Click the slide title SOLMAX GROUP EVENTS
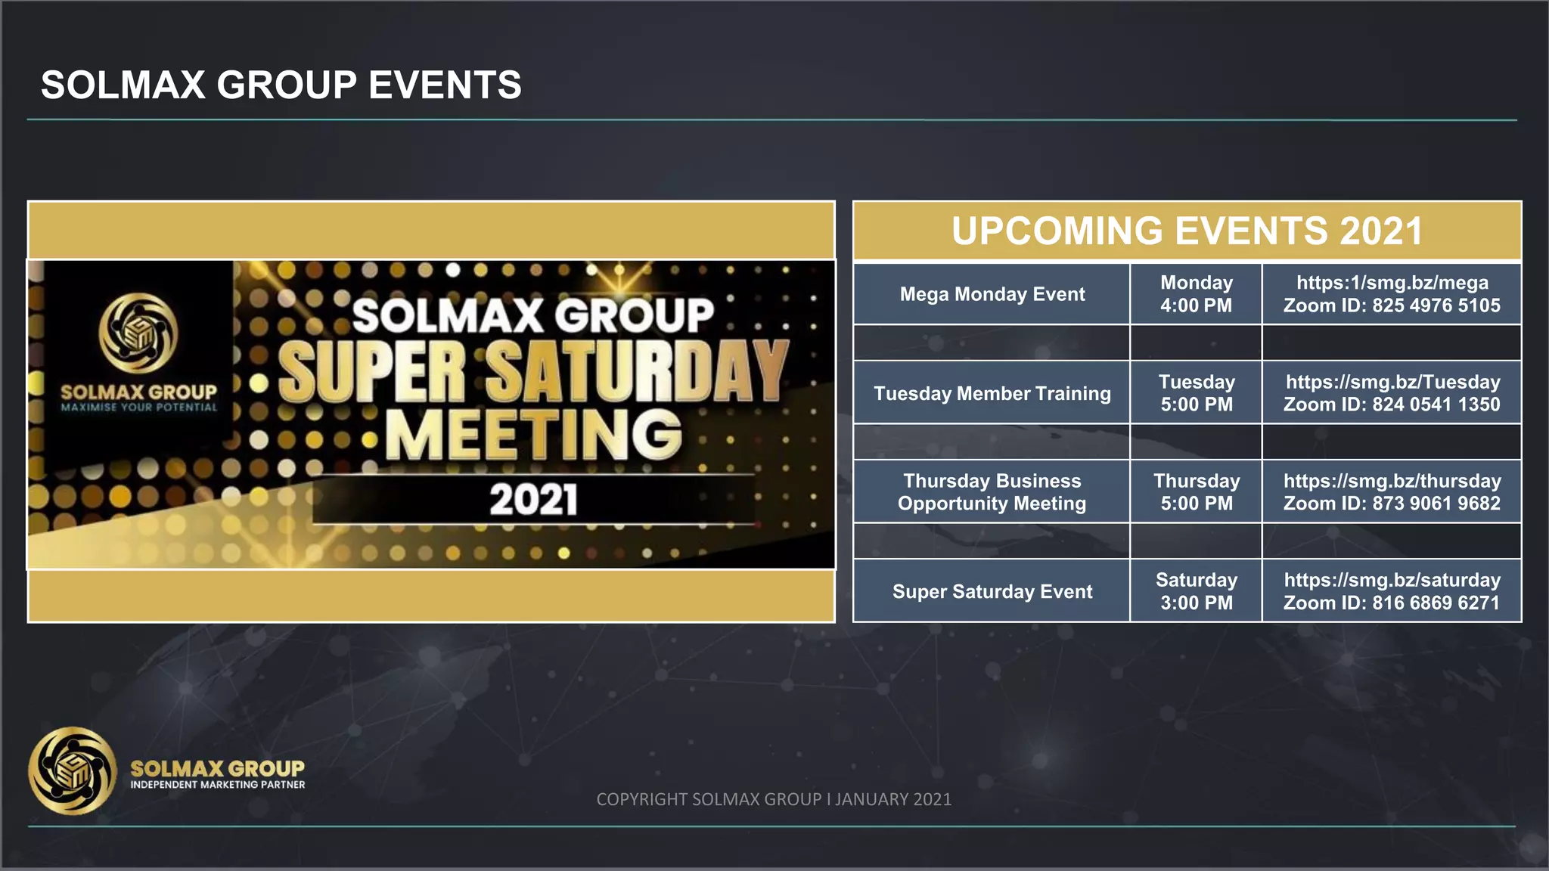tap(281, 85)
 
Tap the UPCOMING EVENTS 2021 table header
tap(1187, 231)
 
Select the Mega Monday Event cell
tap(992, 294)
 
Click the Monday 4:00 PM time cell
tap(1196, 294)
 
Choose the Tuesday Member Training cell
tap(992, 393)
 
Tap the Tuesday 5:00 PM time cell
tap(1196, 393)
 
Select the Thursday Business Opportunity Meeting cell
tap(992, 492)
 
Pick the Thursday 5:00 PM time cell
tap(1196, 492)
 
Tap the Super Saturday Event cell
tap(992, 591)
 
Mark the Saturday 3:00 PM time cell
tap(1196, 591)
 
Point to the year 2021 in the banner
tap(534, 500)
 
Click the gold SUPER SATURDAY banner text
tap(534, 371)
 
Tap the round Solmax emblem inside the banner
tap(138, 333)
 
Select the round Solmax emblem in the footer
tap(73, 771)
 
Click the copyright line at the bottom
tap(774, 799)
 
